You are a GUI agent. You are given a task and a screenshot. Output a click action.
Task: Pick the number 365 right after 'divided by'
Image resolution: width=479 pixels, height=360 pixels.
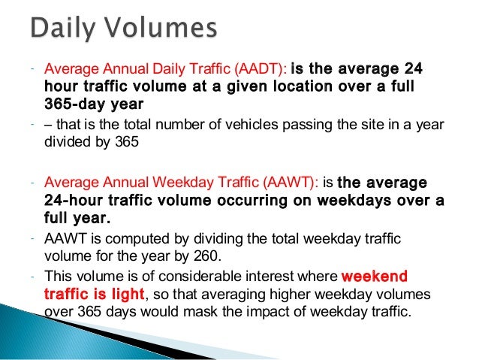point(126,141)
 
